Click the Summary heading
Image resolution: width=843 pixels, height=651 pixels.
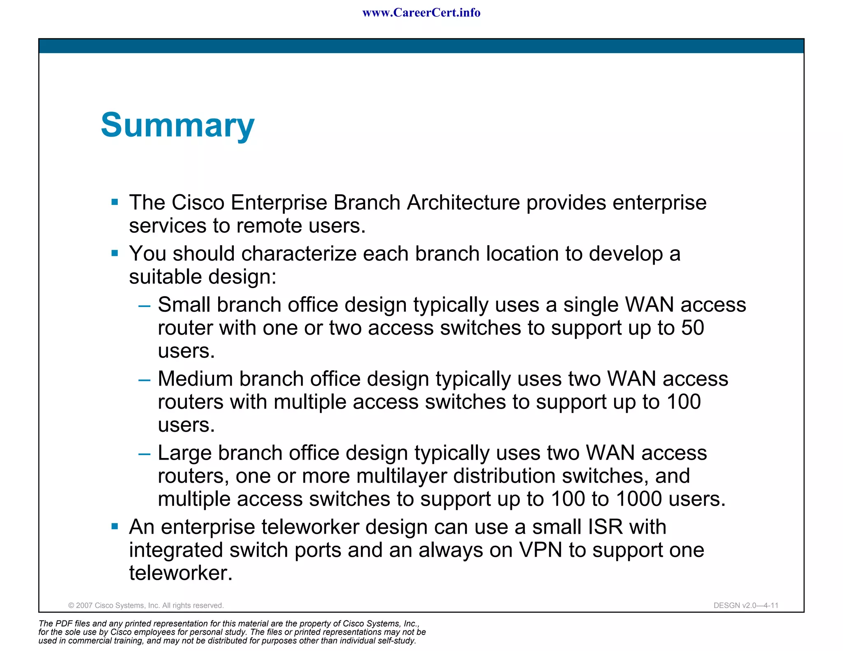(x=177, y=125)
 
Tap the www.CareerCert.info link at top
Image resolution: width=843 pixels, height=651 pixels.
(x=421, y=13)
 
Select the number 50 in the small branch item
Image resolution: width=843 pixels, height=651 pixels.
(x=693, y=328)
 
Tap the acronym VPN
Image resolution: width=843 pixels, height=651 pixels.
(x=540, y=550)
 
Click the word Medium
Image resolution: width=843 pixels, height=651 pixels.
(x=195, y=379)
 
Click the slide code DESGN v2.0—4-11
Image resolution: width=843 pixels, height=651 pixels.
(x=746, y=605)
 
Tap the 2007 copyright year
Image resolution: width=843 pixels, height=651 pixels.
(x=84, y=605)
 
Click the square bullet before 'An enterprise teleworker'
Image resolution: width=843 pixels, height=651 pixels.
(x=115, y=526)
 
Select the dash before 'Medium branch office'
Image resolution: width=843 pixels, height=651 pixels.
(x=144, y=379)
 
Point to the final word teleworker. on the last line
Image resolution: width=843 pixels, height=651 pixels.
(x=181, y=573)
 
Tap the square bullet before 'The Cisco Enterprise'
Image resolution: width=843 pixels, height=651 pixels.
(x=115, y=202)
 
